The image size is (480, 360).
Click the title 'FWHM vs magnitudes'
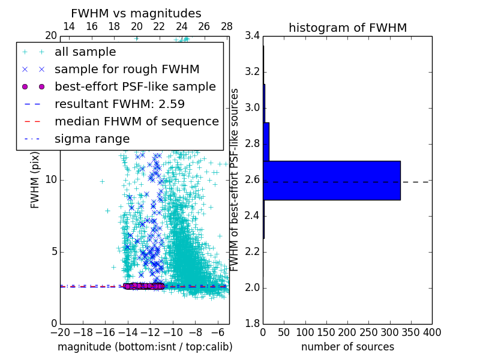click(x=136, y=13)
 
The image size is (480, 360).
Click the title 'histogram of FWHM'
click(x=347, y=28)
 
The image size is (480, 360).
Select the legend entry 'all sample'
click(x=85, y=52)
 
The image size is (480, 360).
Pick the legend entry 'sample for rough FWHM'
click(x=127, y=70)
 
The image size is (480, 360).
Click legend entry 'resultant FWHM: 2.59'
click(x=119, y=104)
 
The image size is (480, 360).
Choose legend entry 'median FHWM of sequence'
click(x=136, y=122)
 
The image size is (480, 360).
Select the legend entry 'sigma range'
click(x=92, y=139)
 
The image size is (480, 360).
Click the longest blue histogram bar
click(x=332, y=180)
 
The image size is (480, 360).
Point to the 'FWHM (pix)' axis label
click(x=35, y=179)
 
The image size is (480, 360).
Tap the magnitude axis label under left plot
click(x=145, y=347)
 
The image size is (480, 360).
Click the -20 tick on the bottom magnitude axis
click(x=60, y=332)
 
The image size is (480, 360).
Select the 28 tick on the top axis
click(x=227, y=27)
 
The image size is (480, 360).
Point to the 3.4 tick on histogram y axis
click(x=253, y=36)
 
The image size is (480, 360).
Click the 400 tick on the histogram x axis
click(x=432, y=332)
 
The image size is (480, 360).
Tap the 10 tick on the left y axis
click(x=50, y=180)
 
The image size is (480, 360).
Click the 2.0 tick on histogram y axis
click(x=253, y=287)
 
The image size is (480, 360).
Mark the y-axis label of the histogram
click(x=235, y=179)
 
